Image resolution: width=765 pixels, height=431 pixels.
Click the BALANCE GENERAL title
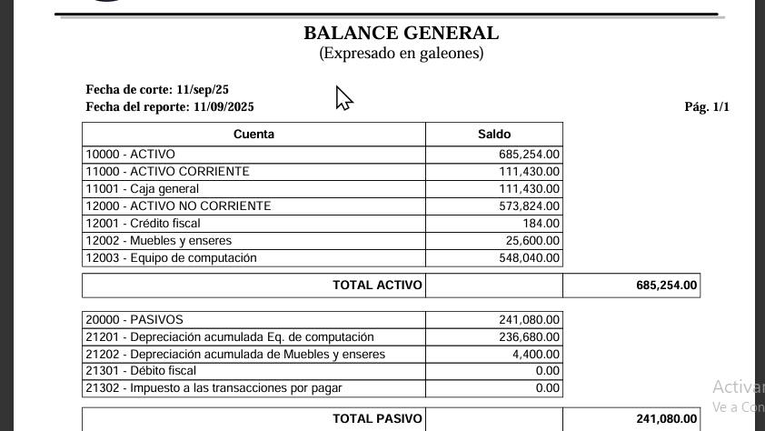401,34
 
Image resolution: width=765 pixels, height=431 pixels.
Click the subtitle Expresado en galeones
401,54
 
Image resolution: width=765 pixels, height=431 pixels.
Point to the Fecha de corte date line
157,89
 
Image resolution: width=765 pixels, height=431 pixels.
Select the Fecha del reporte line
170,106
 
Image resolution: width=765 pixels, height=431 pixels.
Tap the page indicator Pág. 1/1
707,106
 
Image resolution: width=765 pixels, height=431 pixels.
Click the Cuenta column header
253,134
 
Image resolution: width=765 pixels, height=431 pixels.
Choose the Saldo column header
494,134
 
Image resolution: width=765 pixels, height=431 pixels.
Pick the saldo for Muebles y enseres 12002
533,241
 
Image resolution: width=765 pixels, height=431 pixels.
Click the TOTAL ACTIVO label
377,286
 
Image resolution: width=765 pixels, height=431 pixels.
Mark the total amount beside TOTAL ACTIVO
667,286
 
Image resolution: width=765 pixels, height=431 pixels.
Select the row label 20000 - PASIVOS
134,320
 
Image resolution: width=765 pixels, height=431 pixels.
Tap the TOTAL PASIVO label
377,419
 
